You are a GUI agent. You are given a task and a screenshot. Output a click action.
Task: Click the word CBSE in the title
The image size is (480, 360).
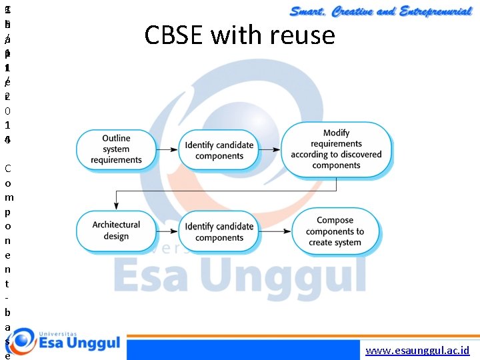pyautogui.click(x=174, y=35)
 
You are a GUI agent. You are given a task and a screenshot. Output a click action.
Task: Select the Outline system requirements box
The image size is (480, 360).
pyautogui.click(x=117, y=149)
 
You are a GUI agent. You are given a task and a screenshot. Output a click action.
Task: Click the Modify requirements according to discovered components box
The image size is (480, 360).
pyautogui.click(x=336, y=150)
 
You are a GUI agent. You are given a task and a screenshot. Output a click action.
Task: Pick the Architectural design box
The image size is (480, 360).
pyautogui.click(x=117, y=231)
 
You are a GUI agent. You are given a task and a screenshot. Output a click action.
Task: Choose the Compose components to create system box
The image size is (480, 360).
pyautogui.click(x=335, y=231)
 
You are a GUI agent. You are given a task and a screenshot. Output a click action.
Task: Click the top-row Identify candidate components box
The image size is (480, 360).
pyautogui.click(x=219, y=150)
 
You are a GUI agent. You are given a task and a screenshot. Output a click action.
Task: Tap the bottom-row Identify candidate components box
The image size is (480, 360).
pyautogui.click(x=219, y=231)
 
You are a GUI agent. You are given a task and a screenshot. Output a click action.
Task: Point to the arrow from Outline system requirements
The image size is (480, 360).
pyautogui.click(x=167, y=150)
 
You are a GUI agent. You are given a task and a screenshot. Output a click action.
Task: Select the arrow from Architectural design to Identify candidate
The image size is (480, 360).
pyautogui.click(x=167, y=231)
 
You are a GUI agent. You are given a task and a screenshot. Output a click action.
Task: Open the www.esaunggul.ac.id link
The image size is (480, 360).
pyautogui.click(x=418, y=350)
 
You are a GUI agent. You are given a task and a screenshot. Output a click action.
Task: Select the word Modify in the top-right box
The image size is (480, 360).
pyautogui.click(x=336, y=133)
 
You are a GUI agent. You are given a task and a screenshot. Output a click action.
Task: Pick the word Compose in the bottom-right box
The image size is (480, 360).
pyautogui.click(x=335, y=220)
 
